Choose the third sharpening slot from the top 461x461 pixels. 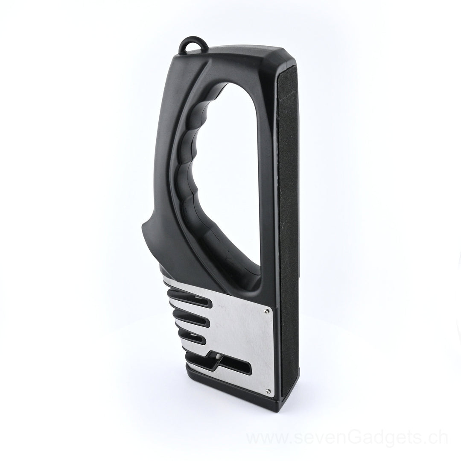coord(192,338)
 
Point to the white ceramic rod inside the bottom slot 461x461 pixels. coord(217,357)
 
